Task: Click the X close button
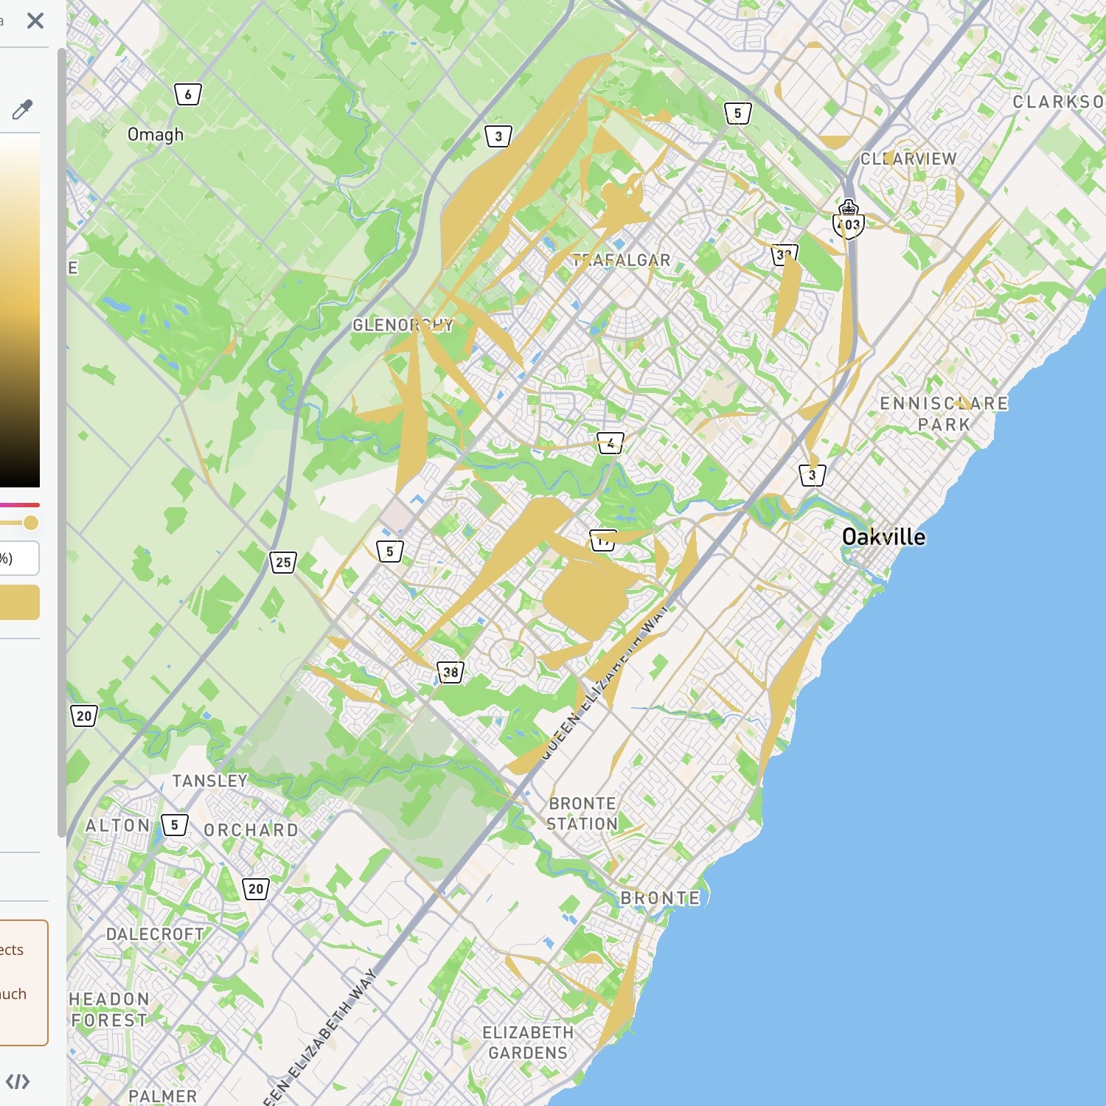point(35,21)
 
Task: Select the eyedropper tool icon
point(22,110)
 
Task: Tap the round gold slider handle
point(30,523)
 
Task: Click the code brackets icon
point(18,1082)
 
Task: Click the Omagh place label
point(156,135)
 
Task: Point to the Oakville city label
point(883,537)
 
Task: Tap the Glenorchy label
point(403,324)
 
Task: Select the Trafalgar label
point(622,260)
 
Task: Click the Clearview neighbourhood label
point(908,159)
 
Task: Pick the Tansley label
point(210,781)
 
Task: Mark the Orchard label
point(251,830)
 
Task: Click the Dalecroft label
point(155,934)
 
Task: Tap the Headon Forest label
point(109,1009)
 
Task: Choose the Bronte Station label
point(582,813)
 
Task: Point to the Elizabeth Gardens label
point(528,1043)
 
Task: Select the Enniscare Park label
point(944,414)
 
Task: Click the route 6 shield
point(188,94)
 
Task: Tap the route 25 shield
point(283,563)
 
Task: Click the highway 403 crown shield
point(849,220)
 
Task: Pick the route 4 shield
point(611,443)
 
